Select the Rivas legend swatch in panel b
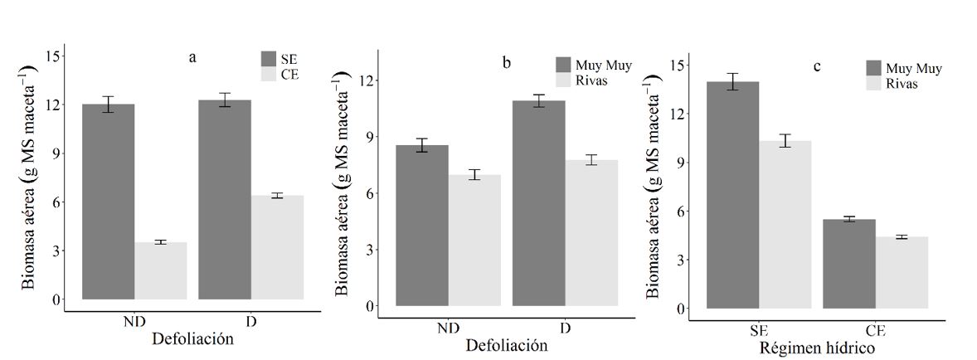(x=564, y=80)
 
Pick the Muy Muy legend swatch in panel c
(x=874, y=68)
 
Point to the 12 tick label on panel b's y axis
(x=366, y=80)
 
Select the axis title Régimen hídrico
(x=816, y=348)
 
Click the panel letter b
(x=507, y=63)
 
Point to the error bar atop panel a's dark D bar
(x=225, y=100)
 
